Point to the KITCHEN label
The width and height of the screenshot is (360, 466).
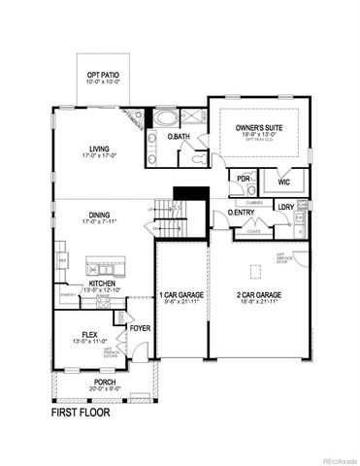pyautogui.click(x=102, y=283)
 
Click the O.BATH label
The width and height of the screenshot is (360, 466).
pyautogui.click(x=178, y=137)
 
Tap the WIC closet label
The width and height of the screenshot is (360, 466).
pyautogui.click(x=282, y=181)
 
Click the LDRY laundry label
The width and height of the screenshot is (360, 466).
pyautogui.click(x=285, y=207)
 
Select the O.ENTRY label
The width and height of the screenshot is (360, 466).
pyautogui.click(x=241, y=212)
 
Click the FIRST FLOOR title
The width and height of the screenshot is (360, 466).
pyautogui.click(x=79, y=413)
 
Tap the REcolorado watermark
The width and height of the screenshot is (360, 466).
pyautogui.click(x=334, y=460)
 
